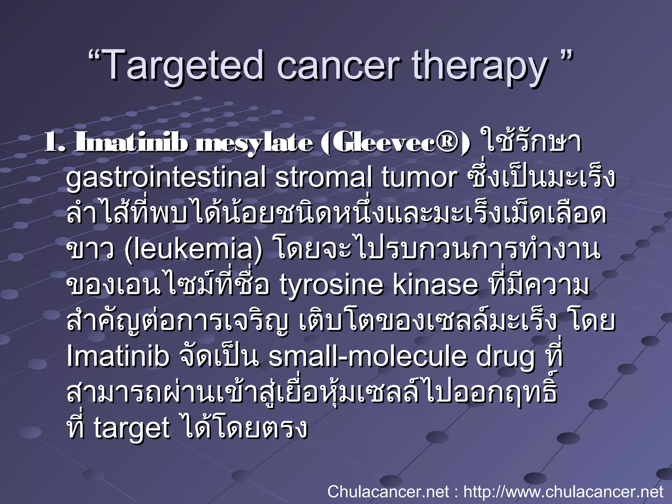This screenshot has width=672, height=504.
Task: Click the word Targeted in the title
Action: point(184,66)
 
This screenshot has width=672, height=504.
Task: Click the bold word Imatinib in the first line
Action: point(131,143)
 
